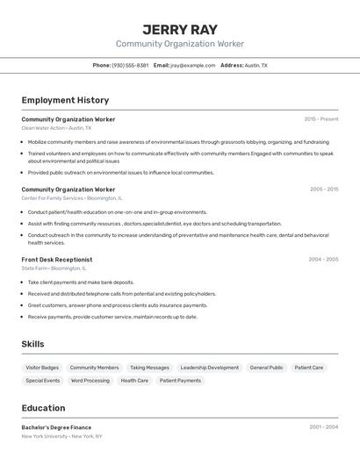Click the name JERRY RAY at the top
coord(179,29)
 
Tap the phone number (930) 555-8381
coord(130,66)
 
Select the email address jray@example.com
coord(192,66)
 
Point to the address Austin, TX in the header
coord(256,66)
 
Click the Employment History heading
coord(65,100)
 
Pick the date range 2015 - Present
coord(320,119)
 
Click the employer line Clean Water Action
coord(56,128)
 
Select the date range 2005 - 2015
coord(323,190)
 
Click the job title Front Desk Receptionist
coord(56,260)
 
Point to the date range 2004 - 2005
coord(323,260)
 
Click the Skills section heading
coord(32,345)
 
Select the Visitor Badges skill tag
coord(42,368)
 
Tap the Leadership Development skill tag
coord(209,368)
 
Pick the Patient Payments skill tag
coord(181,381)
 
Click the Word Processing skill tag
coord(90,381)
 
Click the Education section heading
coord(43,408)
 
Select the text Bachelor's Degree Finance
coord(56,427)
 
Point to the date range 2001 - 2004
coord(323,427)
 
